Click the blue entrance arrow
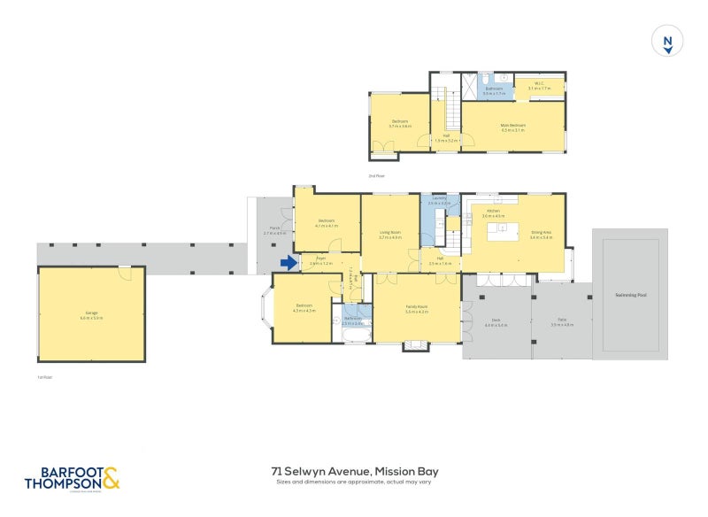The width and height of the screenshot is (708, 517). (x=289, y=263)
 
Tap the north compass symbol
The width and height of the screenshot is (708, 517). (x=667, y=42)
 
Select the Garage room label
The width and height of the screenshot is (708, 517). (x=91, y=313)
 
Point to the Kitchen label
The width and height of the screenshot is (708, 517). (x=493, y=212)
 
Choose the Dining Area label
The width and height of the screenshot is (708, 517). (x=541, y=234)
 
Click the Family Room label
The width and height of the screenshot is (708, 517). (x=416, y=307)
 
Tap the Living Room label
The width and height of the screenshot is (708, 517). (x=390, y=234)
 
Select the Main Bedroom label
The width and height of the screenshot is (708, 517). (x=513, y=125)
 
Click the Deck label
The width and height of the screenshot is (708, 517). (x=496, y=320)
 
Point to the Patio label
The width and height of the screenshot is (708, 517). (x=562, y=320)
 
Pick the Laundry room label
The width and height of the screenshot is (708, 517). (x=439, y=200)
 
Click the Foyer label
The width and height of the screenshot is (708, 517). (x=321, y=260)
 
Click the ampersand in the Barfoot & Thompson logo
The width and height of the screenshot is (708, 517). (x=111, y=478)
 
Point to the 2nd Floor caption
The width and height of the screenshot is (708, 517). (x=377, y=176)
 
